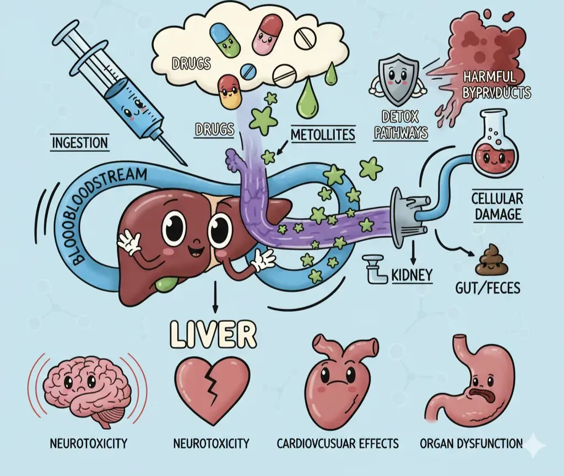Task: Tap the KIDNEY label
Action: point(413,274)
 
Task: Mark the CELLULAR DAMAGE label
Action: point(497,205)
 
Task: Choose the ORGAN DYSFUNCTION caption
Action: point(471,443)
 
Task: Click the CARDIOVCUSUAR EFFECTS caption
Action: point(338,443)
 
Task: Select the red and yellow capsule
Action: point(230,92)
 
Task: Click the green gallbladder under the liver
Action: point(164,284)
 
